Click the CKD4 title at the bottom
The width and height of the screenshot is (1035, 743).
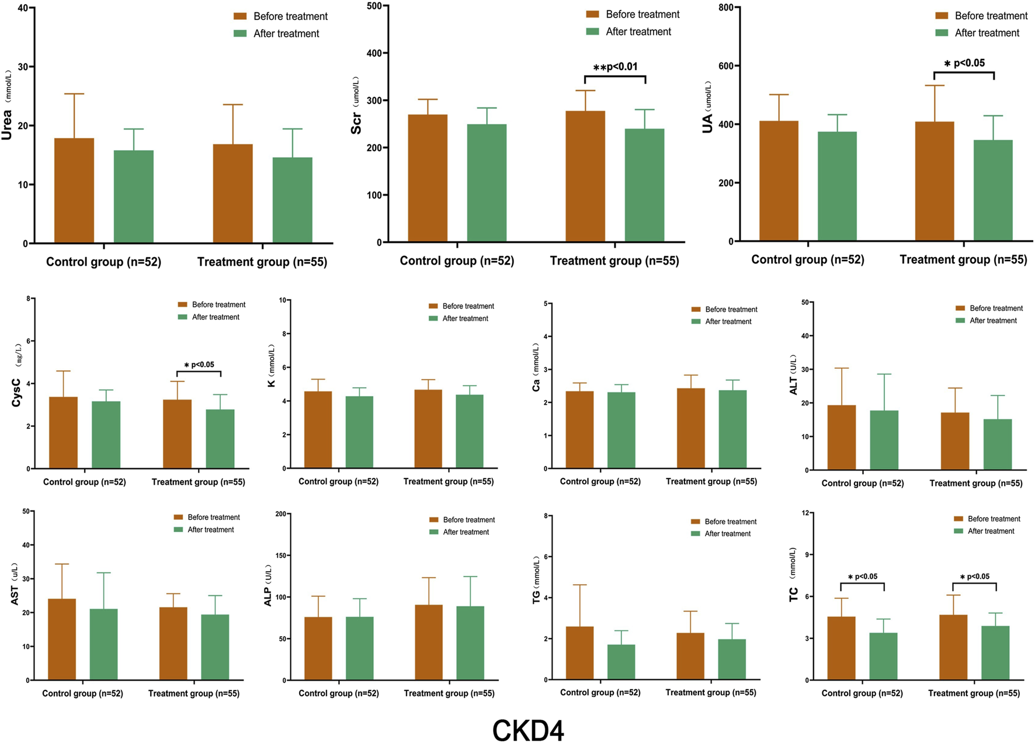coord(528,730)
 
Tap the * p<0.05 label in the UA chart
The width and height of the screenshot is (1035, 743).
coord(964,63)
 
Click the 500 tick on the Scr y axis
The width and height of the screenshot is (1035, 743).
coord(374,6)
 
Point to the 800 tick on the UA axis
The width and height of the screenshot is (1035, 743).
coord(725,7)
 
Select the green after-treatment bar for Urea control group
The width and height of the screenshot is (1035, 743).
coord(134,196)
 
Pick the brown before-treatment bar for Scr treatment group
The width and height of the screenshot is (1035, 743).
coord(585,176)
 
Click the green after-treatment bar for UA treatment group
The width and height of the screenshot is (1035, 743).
coord(993,190)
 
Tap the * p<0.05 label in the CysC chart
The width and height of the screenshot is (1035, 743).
coord(199,365)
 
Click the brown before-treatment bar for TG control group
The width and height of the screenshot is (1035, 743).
coord(579,653)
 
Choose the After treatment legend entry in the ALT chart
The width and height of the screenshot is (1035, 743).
coord(993,321)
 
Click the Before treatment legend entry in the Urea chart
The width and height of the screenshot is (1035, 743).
coord(290,16)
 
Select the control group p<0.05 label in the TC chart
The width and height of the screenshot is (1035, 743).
coord(862,577)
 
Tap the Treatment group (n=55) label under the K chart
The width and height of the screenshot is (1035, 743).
coord(449,482)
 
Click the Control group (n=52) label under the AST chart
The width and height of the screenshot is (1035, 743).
coord(82,693)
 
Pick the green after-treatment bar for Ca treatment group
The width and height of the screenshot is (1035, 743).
coord(732,429)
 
